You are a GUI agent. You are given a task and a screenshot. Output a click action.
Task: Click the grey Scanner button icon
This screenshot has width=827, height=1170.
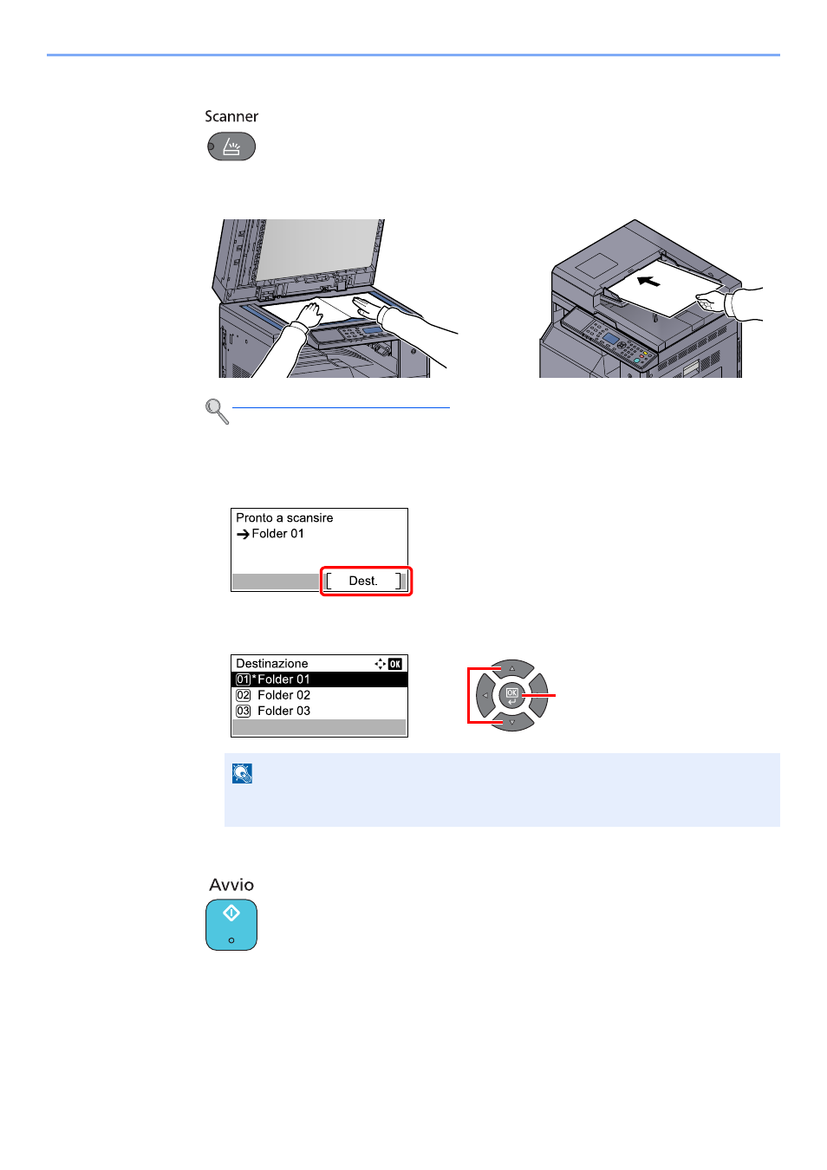pyautogui.click(x=231, y=146)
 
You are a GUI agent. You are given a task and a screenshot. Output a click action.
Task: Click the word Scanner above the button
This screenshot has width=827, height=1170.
pyautogui.click(x=231, y=116)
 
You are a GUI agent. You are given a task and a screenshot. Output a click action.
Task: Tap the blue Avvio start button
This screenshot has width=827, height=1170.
pyautogui.click(x=231, y=925)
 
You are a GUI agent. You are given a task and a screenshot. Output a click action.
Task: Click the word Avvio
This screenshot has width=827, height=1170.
pyautogui.click(x=231, y=885)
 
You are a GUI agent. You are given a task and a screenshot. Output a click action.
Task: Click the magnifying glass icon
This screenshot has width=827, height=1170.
pyautogui.click(x=217, y=412)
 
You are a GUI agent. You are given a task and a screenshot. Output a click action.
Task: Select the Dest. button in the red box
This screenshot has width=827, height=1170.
pyautogui.click(x=363, y=581)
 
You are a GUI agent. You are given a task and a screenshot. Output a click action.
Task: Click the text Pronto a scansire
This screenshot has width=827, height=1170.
pyautogui.click(x=284, y=517)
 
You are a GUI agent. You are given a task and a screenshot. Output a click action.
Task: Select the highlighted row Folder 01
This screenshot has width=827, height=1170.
pyautogui.click(x=319, y=679)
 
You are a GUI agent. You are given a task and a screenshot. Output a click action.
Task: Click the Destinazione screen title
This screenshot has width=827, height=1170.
pyautogui.click(x=271, y=663)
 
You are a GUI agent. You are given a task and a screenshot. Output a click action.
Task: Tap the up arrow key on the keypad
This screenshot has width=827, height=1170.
pyautogui.click(x=512, y=667)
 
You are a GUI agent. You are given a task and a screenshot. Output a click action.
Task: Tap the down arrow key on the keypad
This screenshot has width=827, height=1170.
pyautogui.click(x=512, y=723)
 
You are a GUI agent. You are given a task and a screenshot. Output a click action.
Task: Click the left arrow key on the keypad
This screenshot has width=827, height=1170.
pyautogui.click(x=485, y=695)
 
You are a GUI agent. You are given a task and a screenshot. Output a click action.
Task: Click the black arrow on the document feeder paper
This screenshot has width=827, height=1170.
pyautogui.click(x=648, y=282)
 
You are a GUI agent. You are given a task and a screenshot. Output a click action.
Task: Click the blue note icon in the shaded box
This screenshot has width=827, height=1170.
pyautogui.click(x=243, y=773)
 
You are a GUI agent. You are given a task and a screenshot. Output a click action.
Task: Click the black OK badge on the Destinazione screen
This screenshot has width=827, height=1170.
pyautogui.click(x=395, y=664)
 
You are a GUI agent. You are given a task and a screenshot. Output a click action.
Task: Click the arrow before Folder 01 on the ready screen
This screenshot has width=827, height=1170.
pyautogui.click(x=243, y=534)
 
